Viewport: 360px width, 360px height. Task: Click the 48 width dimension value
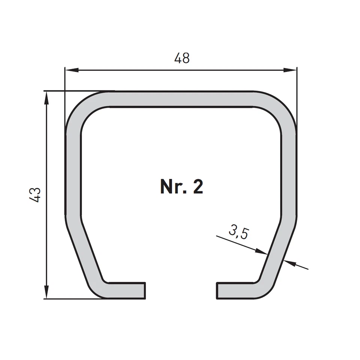click(x=182, y=58)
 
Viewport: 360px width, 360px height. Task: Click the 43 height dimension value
click(x=36, y=195)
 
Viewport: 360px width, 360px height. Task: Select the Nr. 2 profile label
click(x=182, y=186)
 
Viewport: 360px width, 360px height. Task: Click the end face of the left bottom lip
click(x=144, y=291)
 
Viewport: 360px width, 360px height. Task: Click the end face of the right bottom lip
click(x=217, y=291)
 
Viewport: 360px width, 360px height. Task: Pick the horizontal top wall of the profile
click(x=182, y=99)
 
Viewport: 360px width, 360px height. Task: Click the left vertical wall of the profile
click(x=73, y=172)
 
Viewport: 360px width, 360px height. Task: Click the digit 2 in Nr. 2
click(x=198, y=186)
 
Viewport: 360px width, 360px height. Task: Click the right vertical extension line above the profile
click(x=297, y=97)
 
